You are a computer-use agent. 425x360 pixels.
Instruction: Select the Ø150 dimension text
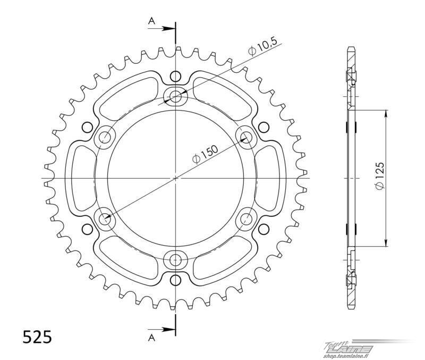205,154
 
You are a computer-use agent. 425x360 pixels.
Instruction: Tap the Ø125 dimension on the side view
379,176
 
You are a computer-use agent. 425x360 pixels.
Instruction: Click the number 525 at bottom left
37,337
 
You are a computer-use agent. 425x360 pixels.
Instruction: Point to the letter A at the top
151,21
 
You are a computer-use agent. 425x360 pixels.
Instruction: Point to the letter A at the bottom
151,337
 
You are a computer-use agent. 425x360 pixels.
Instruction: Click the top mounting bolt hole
176,96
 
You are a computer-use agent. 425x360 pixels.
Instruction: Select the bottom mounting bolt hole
176,260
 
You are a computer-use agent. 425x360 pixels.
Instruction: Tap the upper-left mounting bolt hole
105,138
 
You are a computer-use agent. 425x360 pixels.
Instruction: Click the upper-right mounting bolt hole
246,137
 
